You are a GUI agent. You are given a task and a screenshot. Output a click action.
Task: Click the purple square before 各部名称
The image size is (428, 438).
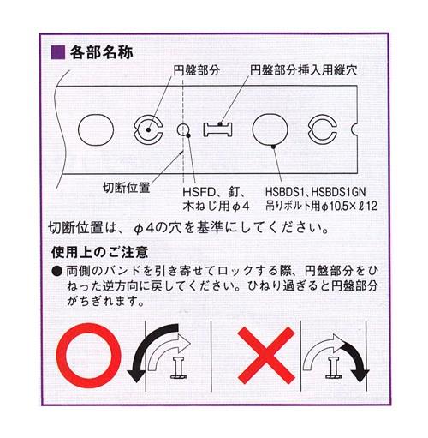coord(58,52)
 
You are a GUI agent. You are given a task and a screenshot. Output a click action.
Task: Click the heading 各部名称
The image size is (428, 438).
coord(101,52)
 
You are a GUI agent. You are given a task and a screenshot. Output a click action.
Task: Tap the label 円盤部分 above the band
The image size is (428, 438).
coord(197,70)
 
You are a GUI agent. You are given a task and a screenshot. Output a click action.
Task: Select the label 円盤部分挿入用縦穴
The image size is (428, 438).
coord(303,70)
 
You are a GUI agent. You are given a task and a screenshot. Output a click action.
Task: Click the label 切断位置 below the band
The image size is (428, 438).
coord(126,188)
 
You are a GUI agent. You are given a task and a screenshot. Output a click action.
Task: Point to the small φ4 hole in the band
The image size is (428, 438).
coord(182,129)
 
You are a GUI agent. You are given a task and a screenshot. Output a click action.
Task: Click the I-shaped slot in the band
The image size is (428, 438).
coord(217,129)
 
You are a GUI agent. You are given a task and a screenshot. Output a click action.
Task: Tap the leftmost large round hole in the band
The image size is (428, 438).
coord(96,130)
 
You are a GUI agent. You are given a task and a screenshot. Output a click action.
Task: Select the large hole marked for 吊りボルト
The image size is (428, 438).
coord(270,130)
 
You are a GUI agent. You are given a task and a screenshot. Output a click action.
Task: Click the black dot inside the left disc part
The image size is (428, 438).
coord(148,130)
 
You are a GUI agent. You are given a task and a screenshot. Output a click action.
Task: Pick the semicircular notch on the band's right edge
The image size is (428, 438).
coord(354,130)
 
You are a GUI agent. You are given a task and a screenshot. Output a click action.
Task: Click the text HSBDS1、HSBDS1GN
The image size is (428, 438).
coord(315,192)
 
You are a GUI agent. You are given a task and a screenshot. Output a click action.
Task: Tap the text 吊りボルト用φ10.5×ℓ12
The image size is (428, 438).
coord(321,206)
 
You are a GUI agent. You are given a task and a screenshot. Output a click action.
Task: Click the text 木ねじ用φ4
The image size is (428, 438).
coord(217,206)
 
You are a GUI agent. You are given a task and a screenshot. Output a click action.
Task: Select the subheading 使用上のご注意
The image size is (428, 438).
coord(100,252)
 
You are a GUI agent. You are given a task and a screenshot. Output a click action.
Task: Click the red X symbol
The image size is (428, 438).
coord(266,356)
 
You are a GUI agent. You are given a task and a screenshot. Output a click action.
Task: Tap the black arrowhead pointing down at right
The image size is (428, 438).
coord(360,375)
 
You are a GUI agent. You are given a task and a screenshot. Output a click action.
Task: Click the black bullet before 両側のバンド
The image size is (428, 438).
coord(57,271)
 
